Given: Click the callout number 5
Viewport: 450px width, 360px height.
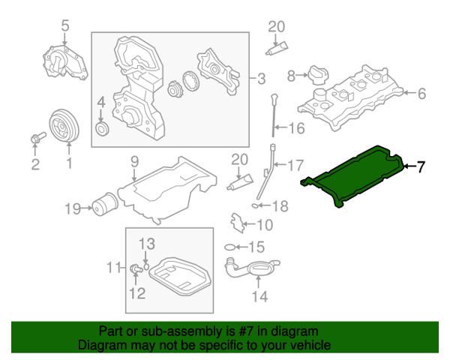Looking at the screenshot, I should [x=65, y=27].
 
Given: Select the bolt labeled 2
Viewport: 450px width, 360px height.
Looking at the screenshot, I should [x=37, y=139].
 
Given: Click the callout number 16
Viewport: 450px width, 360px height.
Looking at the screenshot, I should [x=296, y=128].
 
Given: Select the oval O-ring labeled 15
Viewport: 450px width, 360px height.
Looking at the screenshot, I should [x=229, y=247].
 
